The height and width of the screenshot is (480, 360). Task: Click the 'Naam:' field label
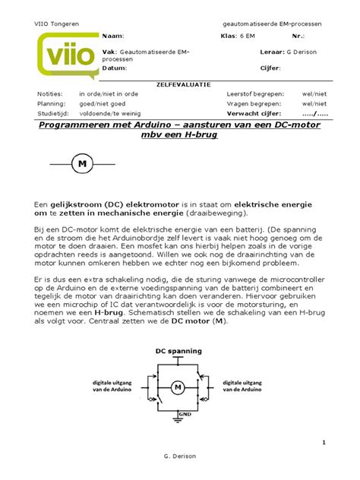coord(112,36)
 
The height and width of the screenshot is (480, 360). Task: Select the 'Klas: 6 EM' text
coord(238,36)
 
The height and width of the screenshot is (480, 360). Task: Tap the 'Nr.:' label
coord(297,36)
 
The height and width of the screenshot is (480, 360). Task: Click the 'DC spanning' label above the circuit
coord(178,351)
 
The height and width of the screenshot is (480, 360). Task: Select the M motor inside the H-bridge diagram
coord(178,388)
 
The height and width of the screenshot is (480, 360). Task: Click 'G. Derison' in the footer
coord(179,465)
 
